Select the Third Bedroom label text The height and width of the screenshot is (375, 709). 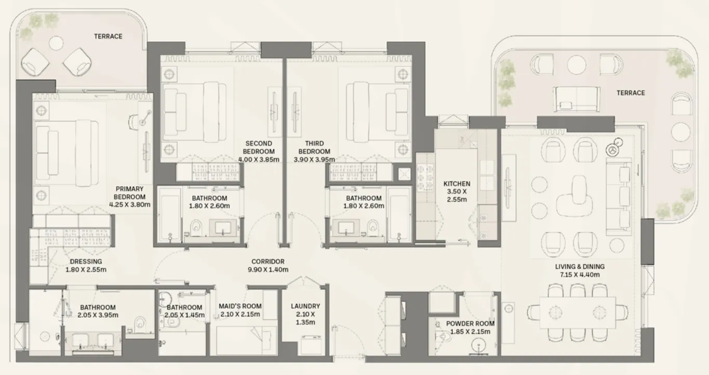click(x=314, y=147)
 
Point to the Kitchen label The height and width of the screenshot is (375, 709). click(x=457, y=184)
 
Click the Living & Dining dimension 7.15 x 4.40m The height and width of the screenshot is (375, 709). click(x=579, y=275)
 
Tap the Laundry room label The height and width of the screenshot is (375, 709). click(x=305, y=306)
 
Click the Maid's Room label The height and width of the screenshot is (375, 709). click(x=240, y=306)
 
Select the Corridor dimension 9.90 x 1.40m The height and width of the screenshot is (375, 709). click(x=267, y=269)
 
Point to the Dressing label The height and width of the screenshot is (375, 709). click(x=86, y=262)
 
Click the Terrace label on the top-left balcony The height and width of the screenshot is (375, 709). click(x=108, y=36)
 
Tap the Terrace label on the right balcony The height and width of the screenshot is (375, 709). click(x=631, y=93)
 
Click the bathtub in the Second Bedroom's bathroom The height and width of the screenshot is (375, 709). click(x=169, y=213)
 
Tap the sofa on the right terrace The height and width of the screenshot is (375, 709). click(x=576, y=99)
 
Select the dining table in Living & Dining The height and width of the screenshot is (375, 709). click(x=578, y=312)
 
